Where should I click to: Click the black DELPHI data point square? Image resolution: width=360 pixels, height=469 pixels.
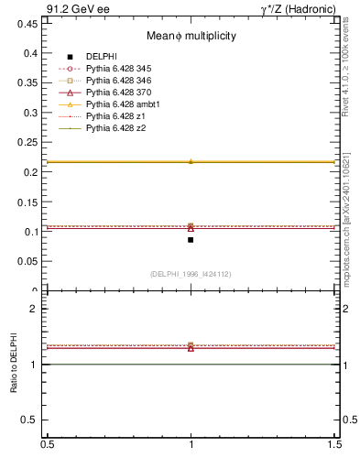pos(191,240)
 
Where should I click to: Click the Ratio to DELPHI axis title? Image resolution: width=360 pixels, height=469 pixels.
pos(14,365)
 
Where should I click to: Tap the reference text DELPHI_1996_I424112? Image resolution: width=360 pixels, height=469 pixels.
pos(191,273)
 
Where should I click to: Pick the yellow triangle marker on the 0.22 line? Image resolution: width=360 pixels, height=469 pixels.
pos(191,161)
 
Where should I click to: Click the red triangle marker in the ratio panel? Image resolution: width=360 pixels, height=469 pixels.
pos(191,348)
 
